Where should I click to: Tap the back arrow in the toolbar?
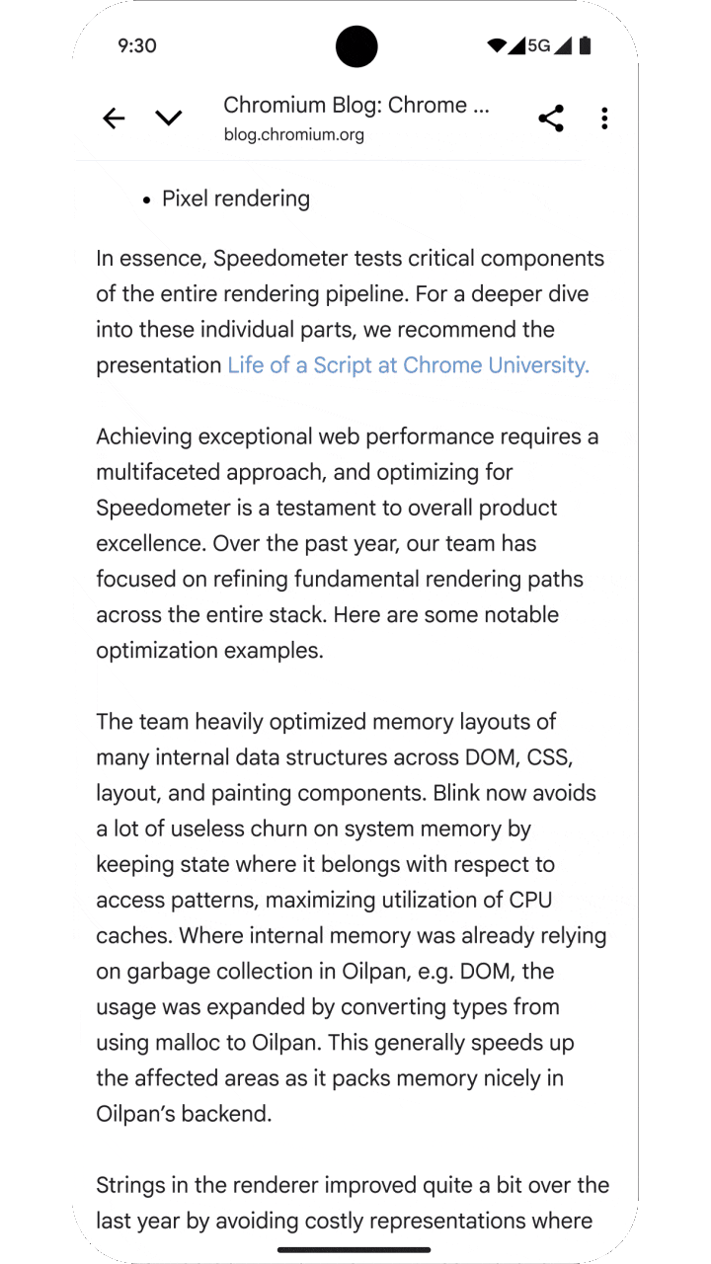tap(114, 118)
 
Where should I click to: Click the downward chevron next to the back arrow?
tap(169, 118)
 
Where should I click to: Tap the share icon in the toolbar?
tap(551, 118)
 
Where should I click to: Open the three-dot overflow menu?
tap(604, 118)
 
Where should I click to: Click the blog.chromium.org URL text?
tap(293, 135)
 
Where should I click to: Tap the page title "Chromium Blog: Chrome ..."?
tap(355, 106)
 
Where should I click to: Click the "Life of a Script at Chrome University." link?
tap(408, 365)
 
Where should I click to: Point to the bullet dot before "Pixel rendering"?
tap(147, 199)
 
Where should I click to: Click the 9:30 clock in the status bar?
tap(137, 45)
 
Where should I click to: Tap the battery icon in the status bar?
tap(586, 45)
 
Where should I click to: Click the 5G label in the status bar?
tap(538, 45)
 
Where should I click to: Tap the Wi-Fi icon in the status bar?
tap(497, 45)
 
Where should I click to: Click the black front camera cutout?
tap(356, 46)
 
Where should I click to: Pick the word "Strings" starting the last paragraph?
tap(131, 1185)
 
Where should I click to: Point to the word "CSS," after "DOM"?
tap(549, 757)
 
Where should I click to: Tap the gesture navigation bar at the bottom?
tap(355, 1249)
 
